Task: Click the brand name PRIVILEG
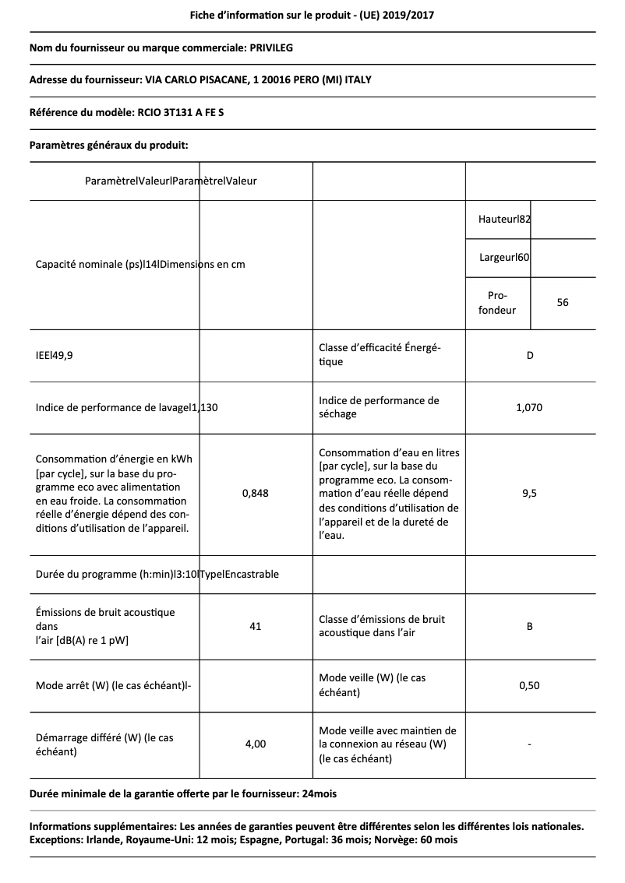pos(271,48)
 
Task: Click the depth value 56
pos(563,303)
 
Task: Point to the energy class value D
pos(530,356)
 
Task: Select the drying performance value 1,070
pos(530,407)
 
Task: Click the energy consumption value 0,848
pos(256,493)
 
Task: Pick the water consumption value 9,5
pos(530,493)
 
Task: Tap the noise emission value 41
pos(256,626)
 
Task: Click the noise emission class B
pos(530,626)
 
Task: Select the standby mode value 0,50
pos(530,685)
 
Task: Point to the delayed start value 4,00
pos(256,744)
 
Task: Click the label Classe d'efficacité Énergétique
pos(380,355)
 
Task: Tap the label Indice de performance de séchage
pos(379,407)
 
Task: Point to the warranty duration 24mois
pos(321,793)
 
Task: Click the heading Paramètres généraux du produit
pos(108,145)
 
